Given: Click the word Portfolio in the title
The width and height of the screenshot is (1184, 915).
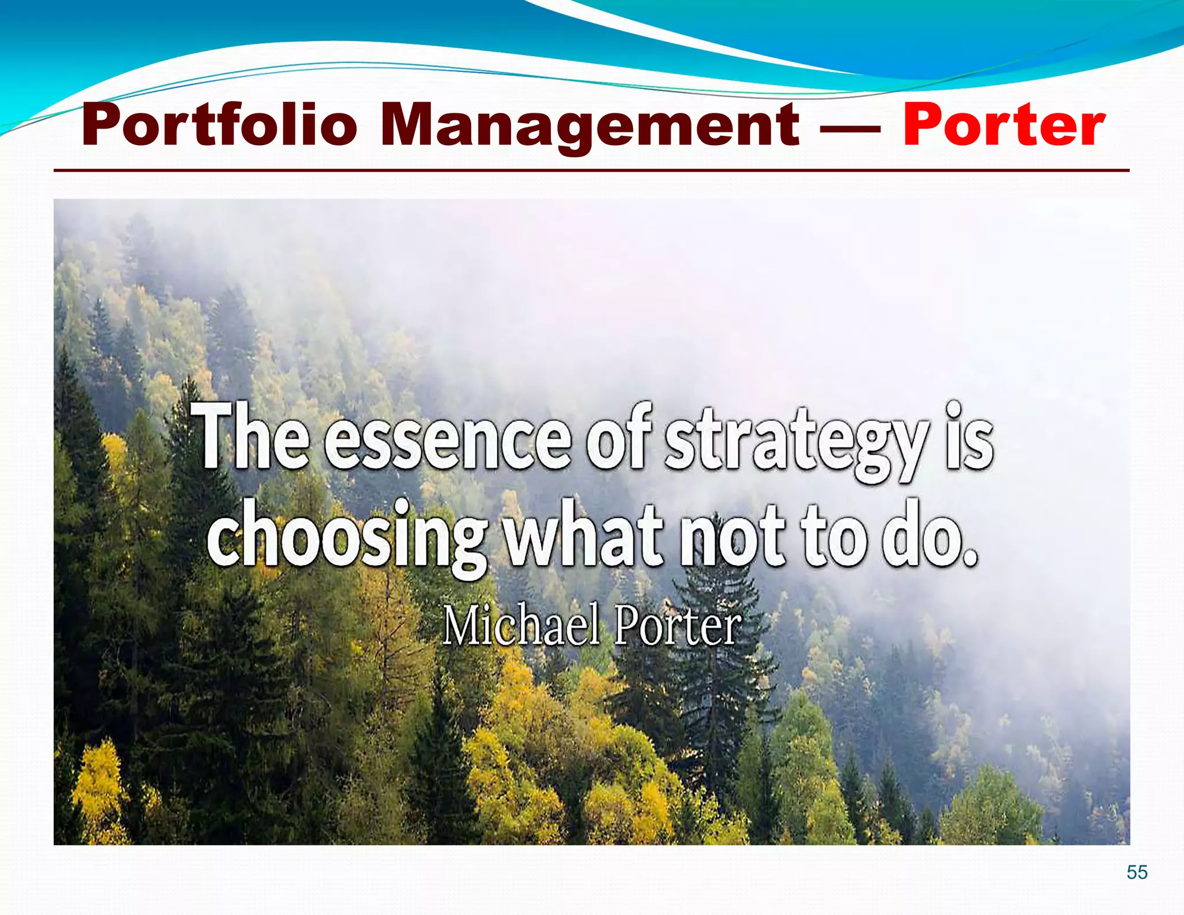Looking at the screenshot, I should coord(220,125).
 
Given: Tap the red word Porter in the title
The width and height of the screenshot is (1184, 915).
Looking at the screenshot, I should coord(1004,125).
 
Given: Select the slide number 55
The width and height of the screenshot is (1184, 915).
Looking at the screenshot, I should coord(1137,872).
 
